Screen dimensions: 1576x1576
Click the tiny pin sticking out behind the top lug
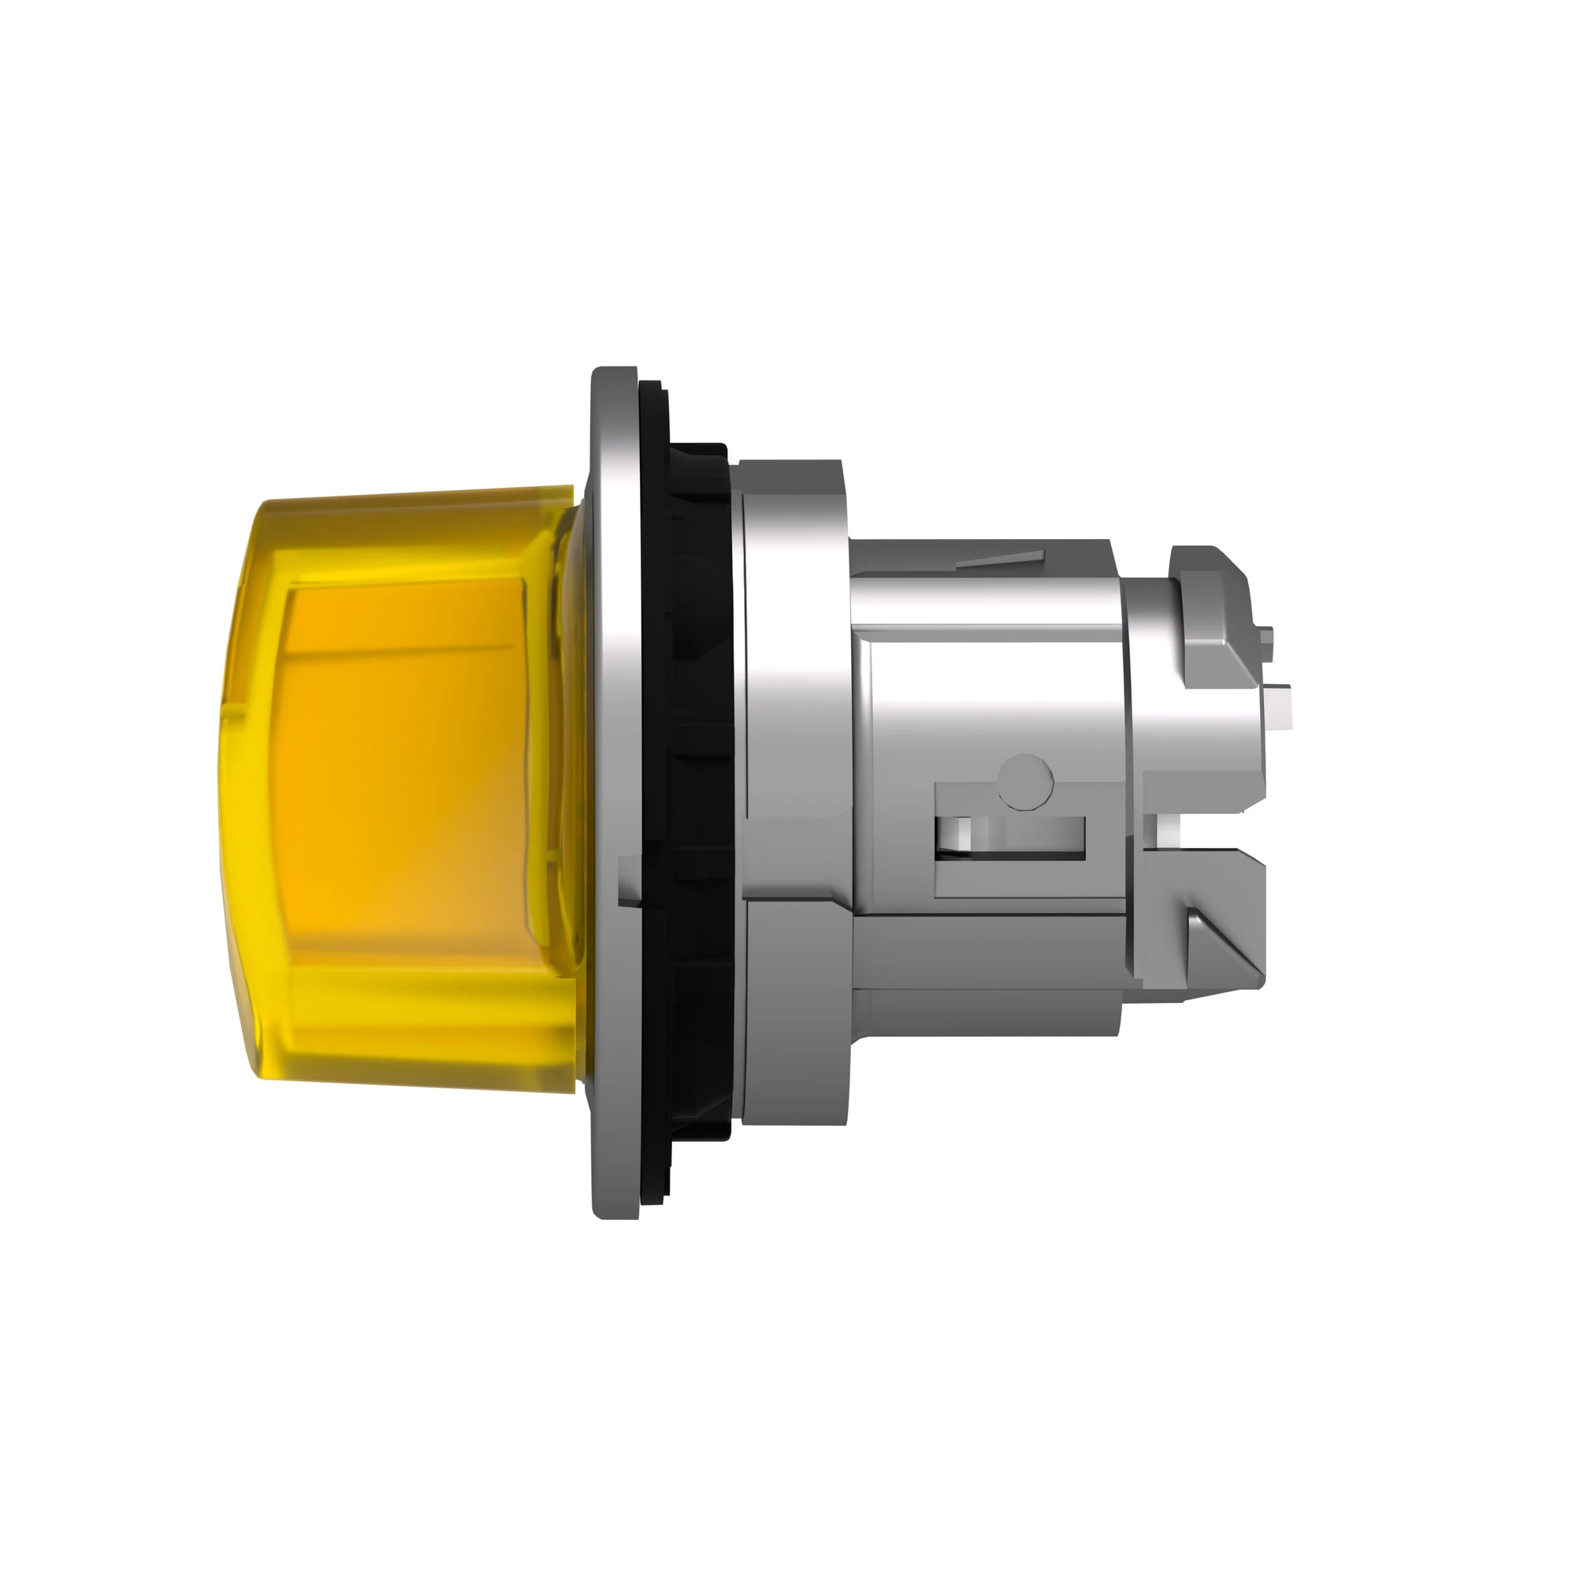point(1267,639)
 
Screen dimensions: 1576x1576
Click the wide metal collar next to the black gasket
point(795,783)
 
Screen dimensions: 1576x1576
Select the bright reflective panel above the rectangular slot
point(995,701)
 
